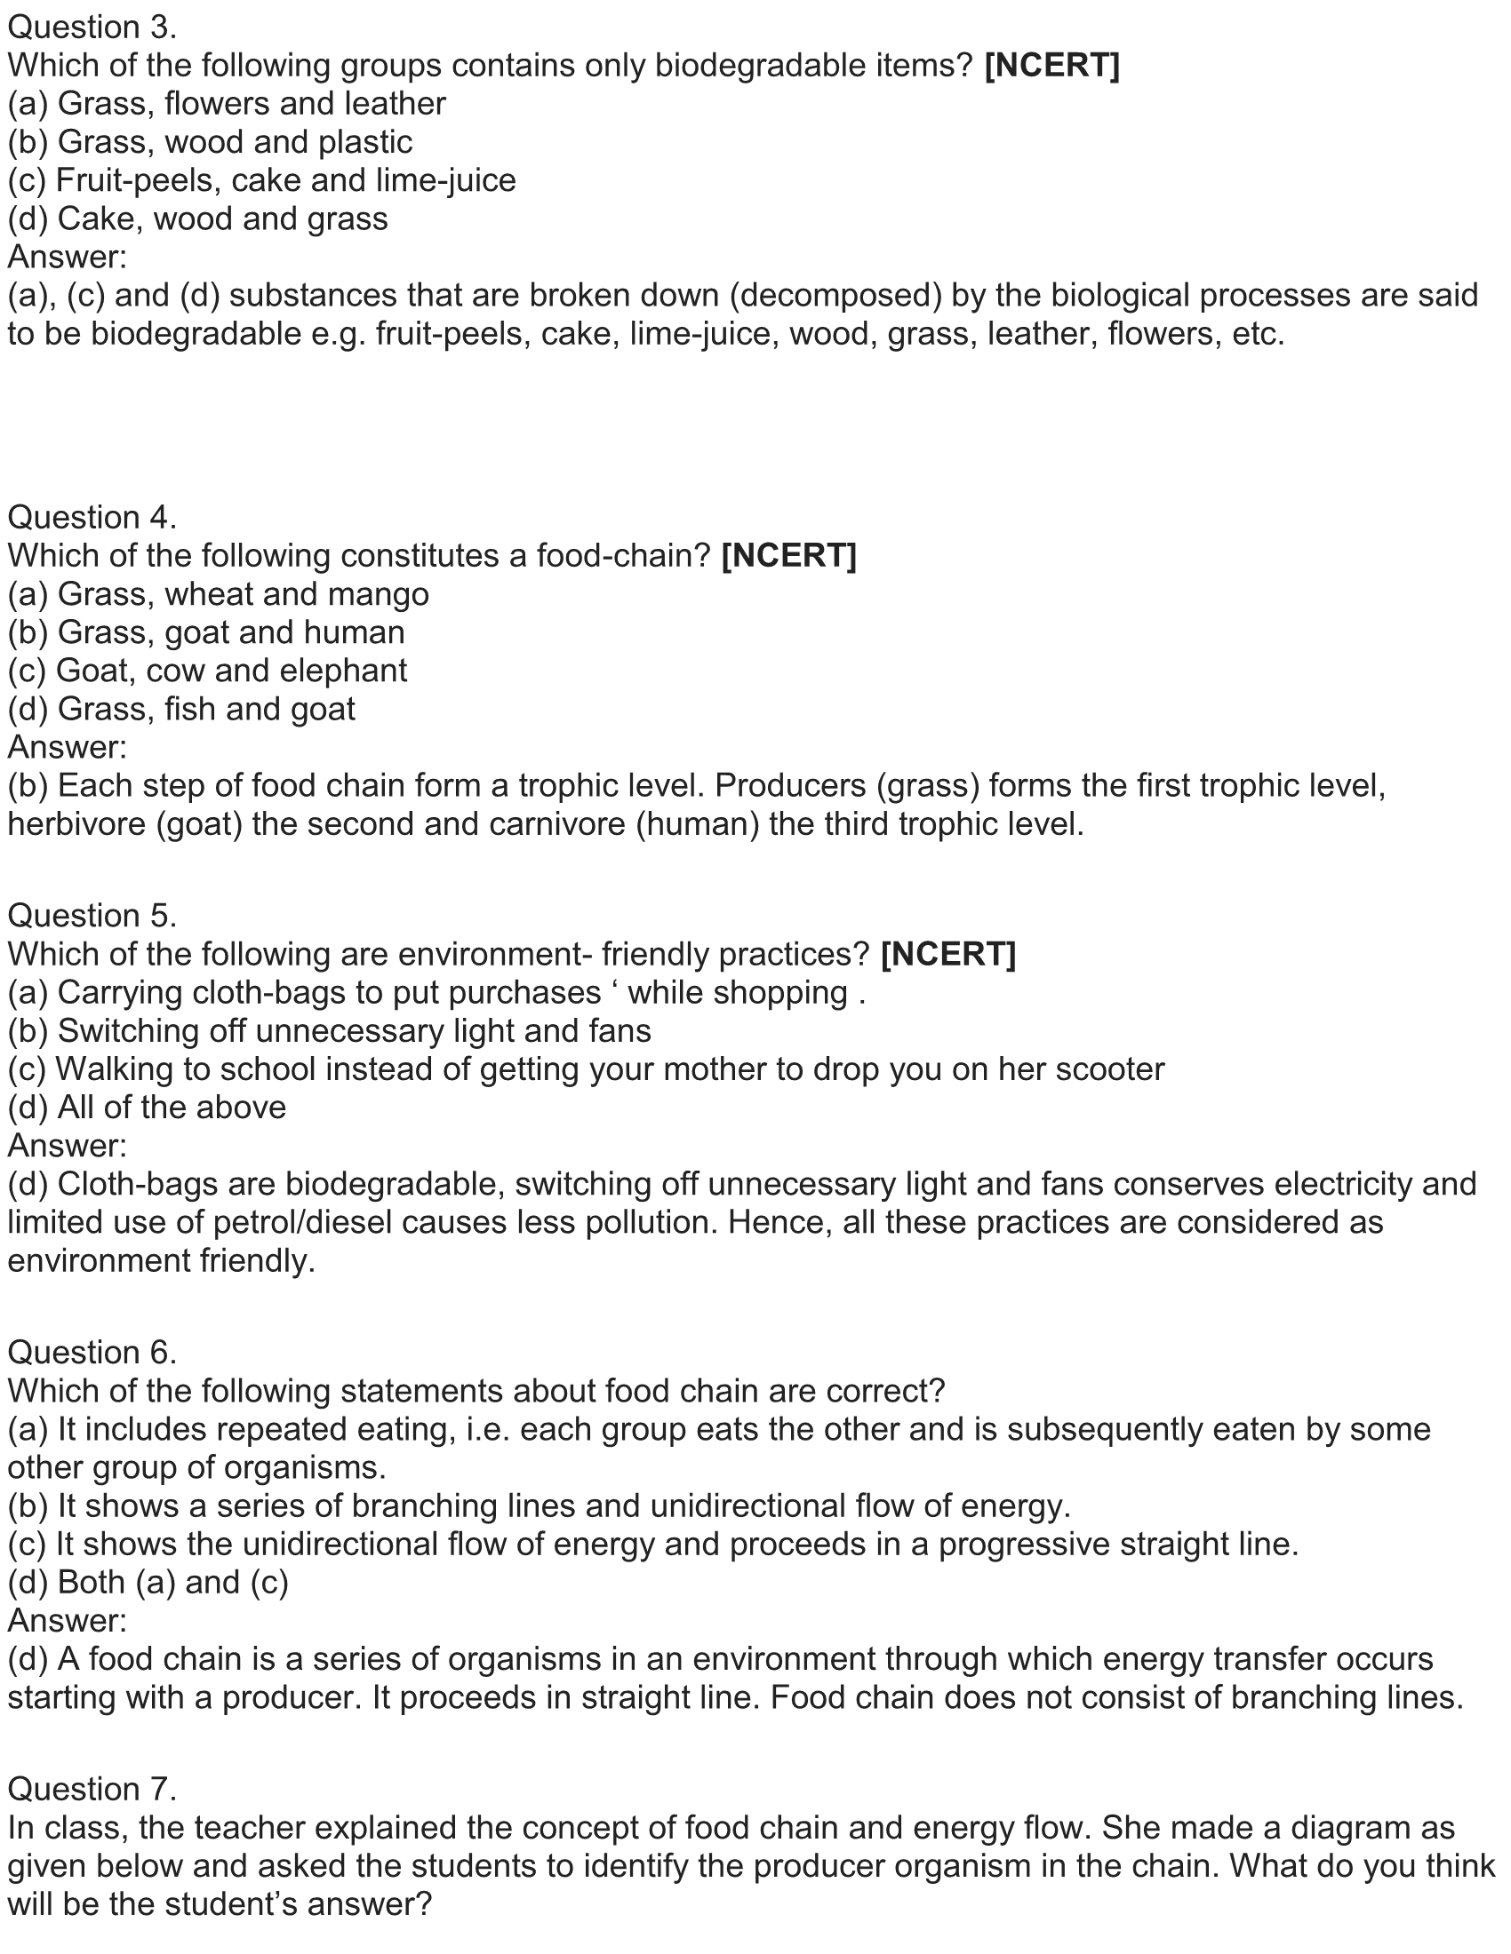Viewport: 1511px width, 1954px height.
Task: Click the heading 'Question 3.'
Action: click(x=92, y=28)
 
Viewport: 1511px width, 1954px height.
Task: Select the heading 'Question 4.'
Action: click(x=92, y=518)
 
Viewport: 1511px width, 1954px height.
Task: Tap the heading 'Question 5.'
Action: click(x=92, y=917)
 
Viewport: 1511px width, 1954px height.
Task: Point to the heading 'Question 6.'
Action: click(x=92, y=1353)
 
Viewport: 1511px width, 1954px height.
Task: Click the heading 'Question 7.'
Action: click(x=92, y=1790)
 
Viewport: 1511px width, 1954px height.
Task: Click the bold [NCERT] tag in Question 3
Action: click(x=1051, y=67)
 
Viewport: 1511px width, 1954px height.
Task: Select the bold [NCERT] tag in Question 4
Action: click(x=788, y=557)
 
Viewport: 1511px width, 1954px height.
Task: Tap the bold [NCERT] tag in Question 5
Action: click(x=948, y=955)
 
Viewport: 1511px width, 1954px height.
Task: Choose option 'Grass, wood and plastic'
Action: click(x=211, y=142)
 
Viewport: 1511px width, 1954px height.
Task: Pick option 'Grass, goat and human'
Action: click(x=206, y=632)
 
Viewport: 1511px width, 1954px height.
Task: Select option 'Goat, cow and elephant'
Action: click(x=207, y=671)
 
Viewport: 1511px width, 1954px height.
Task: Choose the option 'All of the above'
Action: click(x=147, y=1108)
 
